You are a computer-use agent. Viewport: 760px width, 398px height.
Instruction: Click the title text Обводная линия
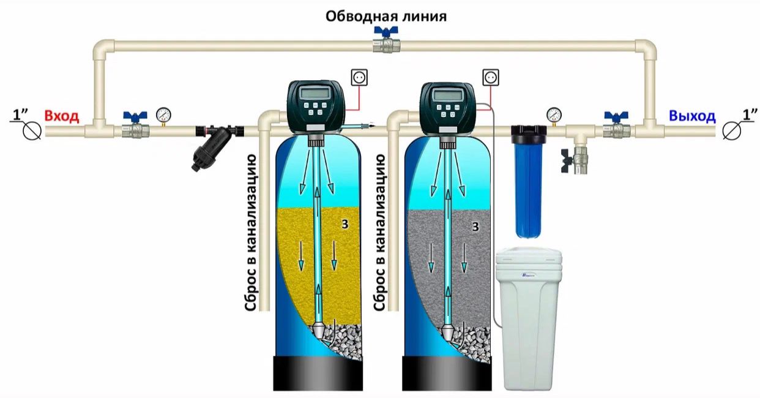(386, 15)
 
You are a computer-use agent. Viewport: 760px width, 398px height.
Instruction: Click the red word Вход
(61, 116)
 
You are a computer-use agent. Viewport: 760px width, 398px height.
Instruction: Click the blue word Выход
(691, 116)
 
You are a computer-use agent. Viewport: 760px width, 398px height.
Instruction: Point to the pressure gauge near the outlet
(554, 114)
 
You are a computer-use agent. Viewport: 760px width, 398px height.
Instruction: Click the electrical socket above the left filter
(358, 77)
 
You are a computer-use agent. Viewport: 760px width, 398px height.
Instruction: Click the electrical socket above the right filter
(491, 77)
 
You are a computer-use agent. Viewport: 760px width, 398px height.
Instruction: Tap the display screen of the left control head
(316, 94)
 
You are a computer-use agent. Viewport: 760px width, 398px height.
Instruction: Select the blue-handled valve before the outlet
(616, 126)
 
